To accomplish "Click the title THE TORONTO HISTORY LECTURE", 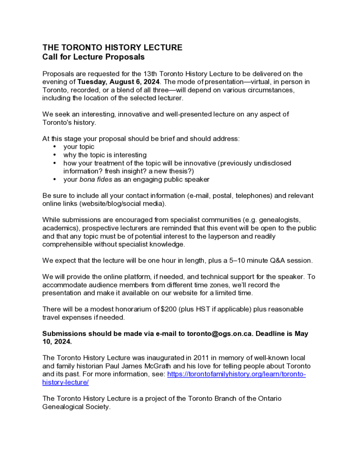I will click(112, 47).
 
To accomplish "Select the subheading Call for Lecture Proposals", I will click(93, 57).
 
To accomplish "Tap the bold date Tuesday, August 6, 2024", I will click(118, 82).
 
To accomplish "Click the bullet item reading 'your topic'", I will click(79, 147).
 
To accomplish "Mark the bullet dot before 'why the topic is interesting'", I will click(55, 155).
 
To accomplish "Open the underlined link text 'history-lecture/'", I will click(66, 383).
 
